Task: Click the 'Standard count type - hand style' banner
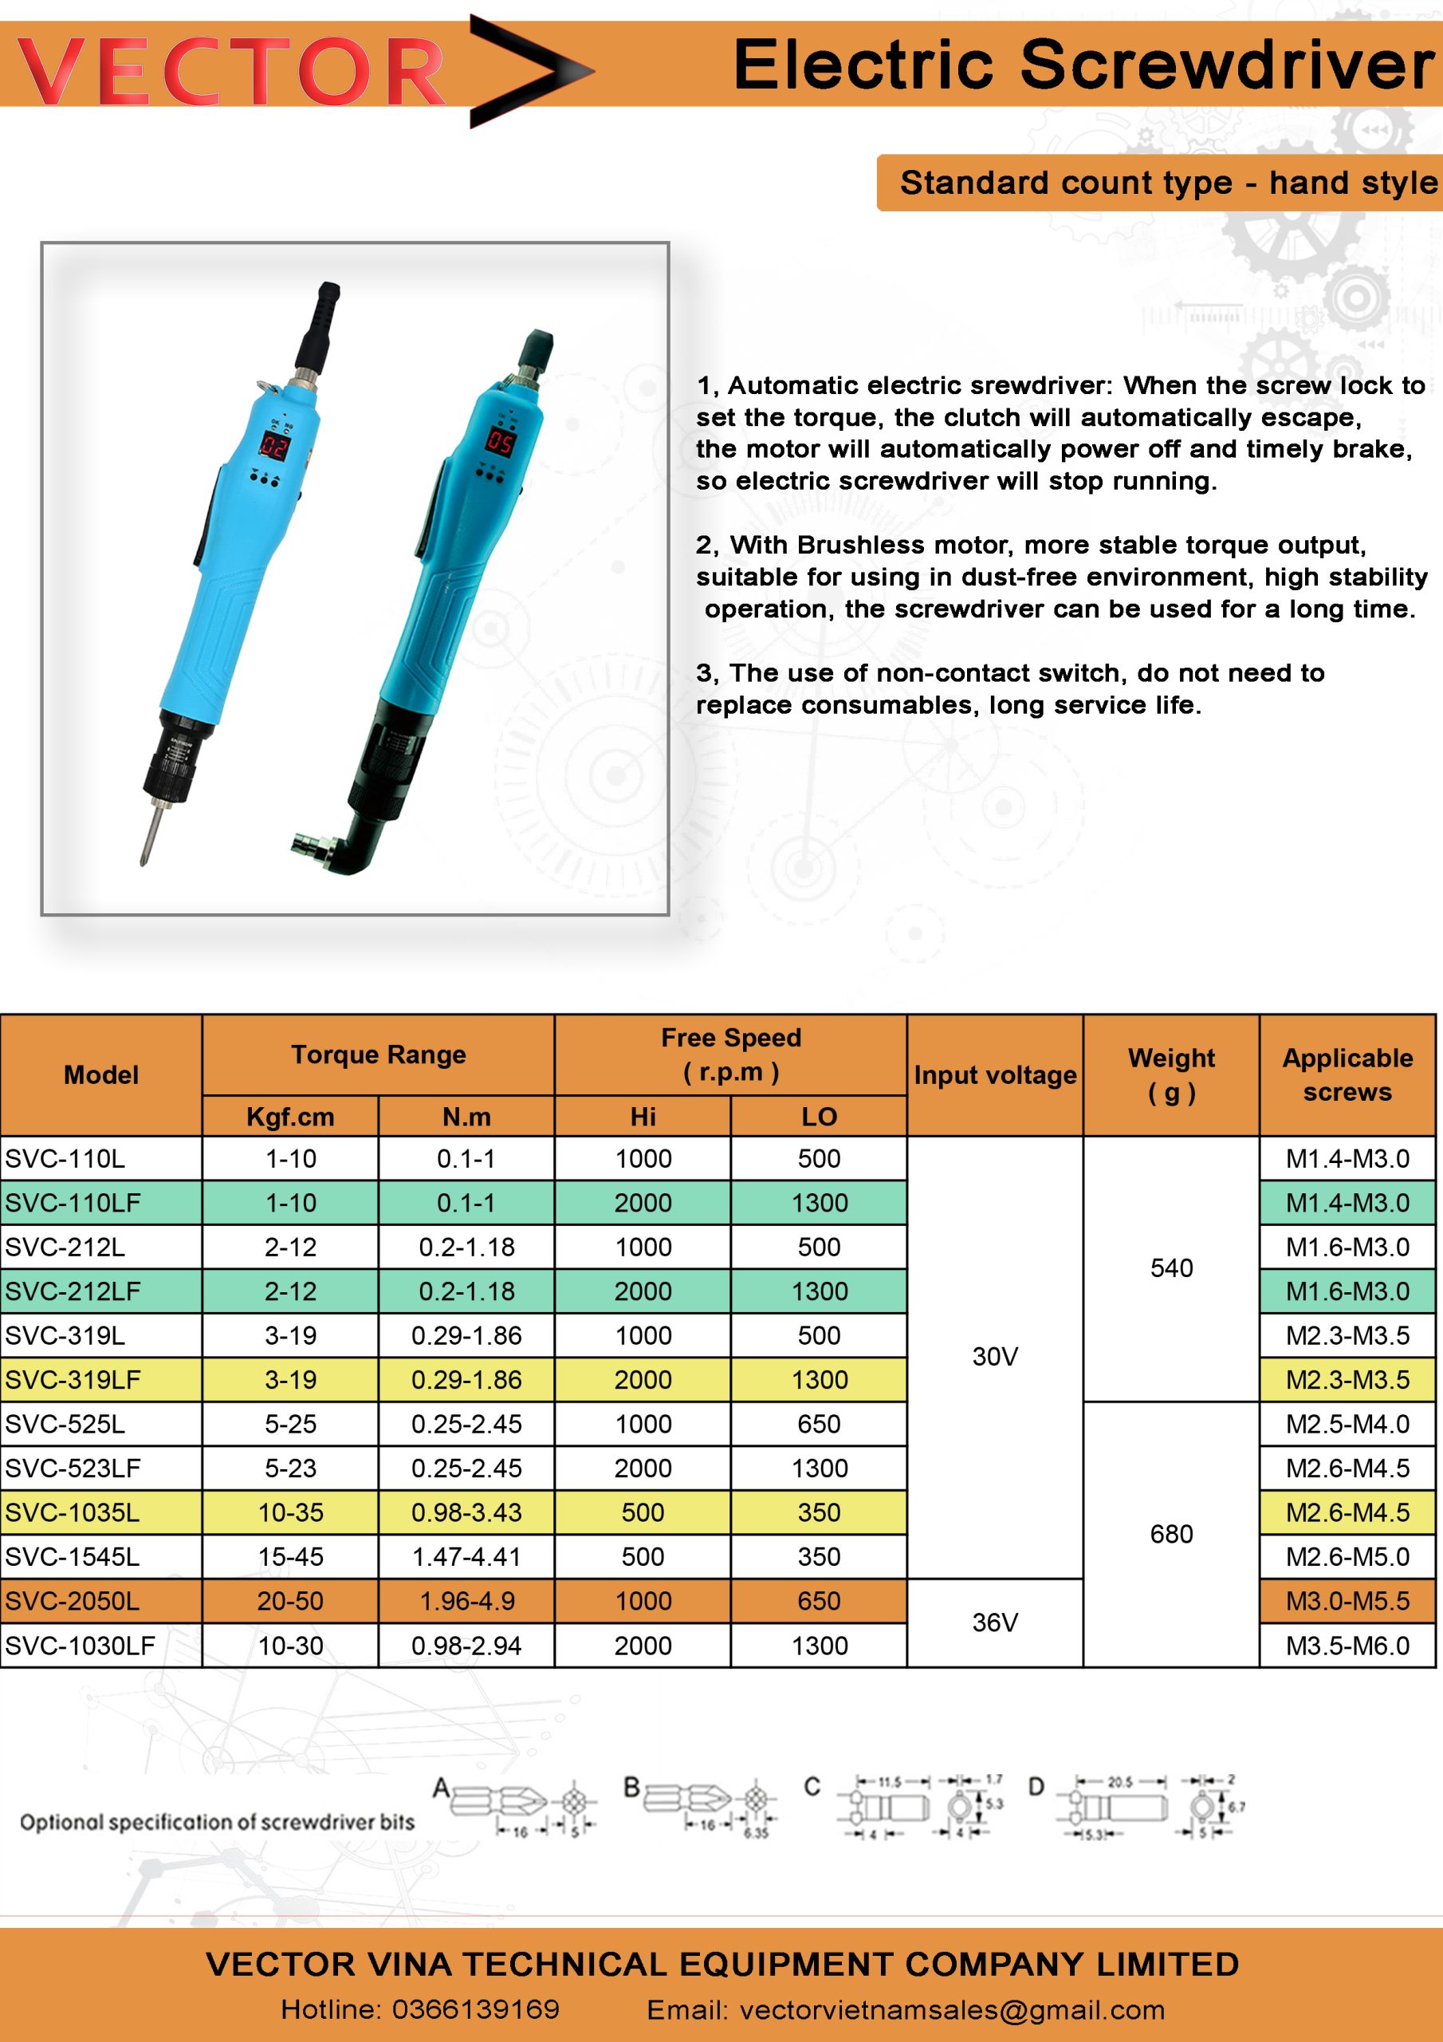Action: pyautogui.click(x=1166, y=183)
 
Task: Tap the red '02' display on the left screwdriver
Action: pyautogui.click(x=273, y=446)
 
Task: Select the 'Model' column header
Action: pyautogui.click(x=101, y=1074)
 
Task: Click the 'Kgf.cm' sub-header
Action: pyautogui.click(x=290, y=1116)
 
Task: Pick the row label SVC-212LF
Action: pyautogui.click(x=73, y=1291)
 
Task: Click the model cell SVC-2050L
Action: pyautogui.click(x=72, y=1601)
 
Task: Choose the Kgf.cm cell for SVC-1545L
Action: pyautogui.click(x=290, y=1556)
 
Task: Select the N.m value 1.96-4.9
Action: pyautogui.click(x=466, y=1601)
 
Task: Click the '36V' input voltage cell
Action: pyautogui.click(x=994, y=1622)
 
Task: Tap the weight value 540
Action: pyautogui.click(x=1171, y=1267)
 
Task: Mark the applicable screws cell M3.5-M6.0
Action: pyautogui.click(x=1347, y=1646)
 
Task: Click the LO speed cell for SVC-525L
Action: pyautogui.click(x=818, y=1424)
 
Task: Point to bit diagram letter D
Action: pyautogui.click(x=1036, y=1787)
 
